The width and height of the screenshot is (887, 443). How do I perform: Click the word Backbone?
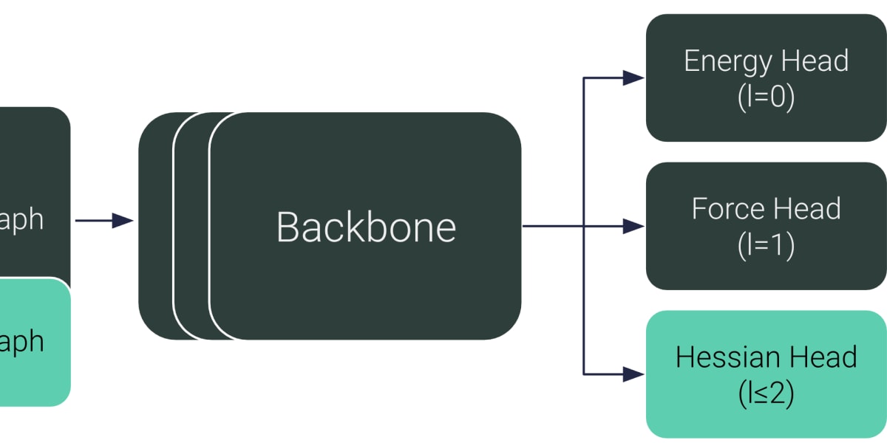point(366,227)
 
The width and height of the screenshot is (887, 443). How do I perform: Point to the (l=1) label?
point(766,247)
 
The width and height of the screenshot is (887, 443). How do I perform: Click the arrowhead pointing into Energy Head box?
point(633,78)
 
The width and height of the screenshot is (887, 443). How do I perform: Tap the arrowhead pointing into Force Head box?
point(633,226)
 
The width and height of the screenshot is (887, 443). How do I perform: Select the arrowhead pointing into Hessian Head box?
point(633,374)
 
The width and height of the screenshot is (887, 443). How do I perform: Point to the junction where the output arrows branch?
point(584,226)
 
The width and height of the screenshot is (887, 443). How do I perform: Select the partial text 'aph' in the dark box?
point(22,220)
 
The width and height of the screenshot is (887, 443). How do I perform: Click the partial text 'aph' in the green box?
point(22,342)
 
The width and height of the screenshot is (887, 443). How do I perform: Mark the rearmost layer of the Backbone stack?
point(155,226)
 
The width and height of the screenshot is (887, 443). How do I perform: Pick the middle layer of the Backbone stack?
point(191,226)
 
